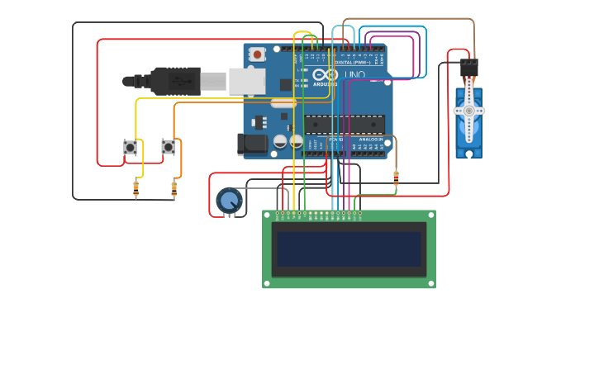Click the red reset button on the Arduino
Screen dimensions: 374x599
click(258, 54)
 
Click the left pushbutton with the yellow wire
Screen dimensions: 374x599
click(130, 147)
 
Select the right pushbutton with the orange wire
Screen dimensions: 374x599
click(168, 147)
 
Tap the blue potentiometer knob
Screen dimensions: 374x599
click(229, 201)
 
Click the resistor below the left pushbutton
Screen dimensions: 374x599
click(136, 189)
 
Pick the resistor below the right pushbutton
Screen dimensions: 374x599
click(174, 189)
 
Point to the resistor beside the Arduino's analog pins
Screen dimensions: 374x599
click(396, 178)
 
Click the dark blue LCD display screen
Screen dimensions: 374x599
click(349, 249)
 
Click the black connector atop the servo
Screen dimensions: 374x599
click(468, 67)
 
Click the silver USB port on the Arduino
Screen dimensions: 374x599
click(246, 81)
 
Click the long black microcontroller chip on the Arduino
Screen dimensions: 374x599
click(344, 125)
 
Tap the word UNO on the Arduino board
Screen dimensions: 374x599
click(354, 75)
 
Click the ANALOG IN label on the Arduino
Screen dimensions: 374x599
click(370, 140)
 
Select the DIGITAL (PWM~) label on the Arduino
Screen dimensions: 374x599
click(354, 62)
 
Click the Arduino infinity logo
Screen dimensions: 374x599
click(325, 75)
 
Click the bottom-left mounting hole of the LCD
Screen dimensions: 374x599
click(267, 283)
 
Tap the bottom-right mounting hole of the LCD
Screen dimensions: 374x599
click(430, 283)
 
